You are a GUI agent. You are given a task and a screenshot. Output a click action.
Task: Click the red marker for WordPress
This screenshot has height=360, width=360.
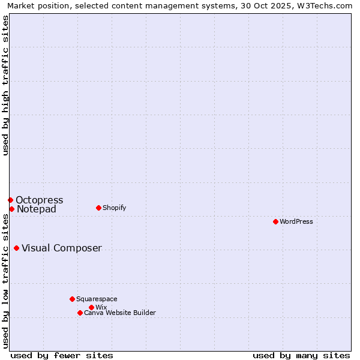[275, 221]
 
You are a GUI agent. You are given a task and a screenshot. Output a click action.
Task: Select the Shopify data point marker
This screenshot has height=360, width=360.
[98, 208]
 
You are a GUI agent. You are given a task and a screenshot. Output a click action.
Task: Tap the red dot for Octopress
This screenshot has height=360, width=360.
[10, 200]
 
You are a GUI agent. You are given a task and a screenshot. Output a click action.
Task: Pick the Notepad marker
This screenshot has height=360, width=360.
[11, 209]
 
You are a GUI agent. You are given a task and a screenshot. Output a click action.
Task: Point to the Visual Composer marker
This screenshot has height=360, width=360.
[16, 248]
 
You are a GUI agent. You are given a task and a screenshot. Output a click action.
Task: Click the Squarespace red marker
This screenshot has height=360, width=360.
[72, 299]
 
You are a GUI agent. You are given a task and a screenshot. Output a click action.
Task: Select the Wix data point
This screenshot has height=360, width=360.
[91, 307]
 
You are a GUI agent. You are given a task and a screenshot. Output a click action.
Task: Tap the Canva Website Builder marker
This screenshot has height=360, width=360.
[80, 313]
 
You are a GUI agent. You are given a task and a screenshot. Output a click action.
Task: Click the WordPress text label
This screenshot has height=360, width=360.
[296, 222]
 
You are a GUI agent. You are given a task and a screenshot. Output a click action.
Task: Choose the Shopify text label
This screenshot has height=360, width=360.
[114, 208]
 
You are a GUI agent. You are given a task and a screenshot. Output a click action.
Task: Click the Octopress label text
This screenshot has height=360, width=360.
[39, 200]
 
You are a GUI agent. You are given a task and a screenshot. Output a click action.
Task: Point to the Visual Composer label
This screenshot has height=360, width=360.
[62, 248]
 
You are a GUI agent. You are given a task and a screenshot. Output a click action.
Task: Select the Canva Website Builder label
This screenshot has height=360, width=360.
[120, 313]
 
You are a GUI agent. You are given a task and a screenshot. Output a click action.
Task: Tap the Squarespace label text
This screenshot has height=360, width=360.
[97, 299]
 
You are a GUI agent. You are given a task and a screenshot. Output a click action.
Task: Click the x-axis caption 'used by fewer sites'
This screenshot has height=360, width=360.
[62, 355]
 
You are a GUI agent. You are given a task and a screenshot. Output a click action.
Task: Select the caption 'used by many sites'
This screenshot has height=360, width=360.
[301, 355]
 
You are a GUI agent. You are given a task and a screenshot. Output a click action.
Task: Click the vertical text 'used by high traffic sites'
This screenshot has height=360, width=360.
[6, 85]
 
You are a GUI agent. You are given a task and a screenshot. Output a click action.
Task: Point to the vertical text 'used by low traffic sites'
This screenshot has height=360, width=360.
[6, 281]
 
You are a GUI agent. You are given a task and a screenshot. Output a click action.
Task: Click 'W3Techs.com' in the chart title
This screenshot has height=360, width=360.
[328, 5]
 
